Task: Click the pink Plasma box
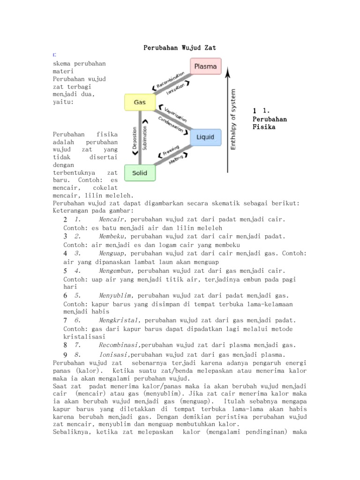pos(205,67)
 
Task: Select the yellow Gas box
pos(139,102)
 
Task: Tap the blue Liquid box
pos(205,137)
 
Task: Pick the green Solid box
pos(139,173)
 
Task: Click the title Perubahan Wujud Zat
pos(180,48)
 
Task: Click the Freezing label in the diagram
pos(171,151)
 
